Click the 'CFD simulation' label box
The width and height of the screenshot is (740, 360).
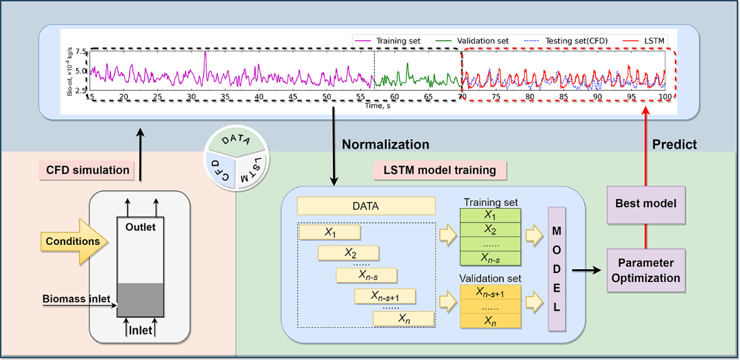[88, 170]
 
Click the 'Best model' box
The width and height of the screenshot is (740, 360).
[646, 202]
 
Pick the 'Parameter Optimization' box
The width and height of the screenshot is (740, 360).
[646, 269]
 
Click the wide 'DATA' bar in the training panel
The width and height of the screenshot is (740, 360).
[366, 206]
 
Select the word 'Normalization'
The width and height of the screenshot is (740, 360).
[385, 144]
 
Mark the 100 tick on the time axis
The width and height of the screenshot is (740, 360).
[665, 98]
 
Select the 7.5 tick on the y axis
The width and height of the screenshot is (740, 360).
[80, 52]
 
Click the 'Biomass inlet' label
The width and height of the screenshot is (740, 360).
[73, 299]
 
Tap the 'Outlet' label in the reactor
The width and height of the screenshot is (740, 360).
[140, 227]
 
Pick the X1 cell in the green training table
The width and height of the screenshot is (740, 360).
[490, 215]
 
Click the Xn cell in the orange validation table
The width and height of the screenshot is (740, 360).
[490, 321]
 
